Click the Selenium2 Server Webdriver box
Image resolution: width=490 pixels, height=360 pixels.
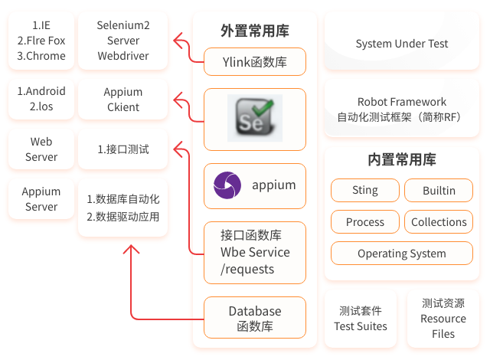pyautogui.click(x=123, y=41)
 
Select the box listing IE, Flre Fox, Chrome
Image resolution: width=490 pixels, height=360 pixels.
pyautogui.click(x=41, y=41)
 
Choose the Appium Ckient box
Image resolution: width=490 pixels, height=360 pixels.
pyautogui.click(x=123, y=99)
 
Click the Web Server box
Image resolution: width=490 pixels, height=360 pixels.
pyautogui.click(x=41, y=149)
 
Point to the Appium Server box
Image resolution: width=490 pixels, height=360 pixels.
pyautogui.click(x=41, y=199)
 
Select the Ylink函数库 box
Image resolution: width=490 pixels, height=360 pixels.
pyautogui.click(x=254, y=62)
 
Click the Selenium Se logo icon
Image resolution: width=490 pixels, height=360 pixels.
pyautogui.click(x=255, y=118)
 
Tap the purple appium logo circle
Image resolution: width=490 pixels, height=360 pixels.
pyautogui.click(x=227, y=185)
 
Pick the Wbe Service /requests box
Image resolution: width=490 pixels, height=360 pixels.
pyautogui.click(x=254, y=252)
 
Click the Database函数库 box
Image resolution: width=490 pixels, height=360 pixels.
pyautogui.click(x=254, y=319)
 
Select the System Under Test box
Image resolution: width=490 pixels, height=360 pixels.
pyautogui.click(x=402, y=44)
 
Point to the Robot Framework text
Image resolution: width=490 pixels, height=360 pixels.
pyautogui.click(x=402, y=101)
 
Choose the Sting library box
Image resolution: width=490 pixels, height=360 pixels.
pyautogui.click(x=365, y=190)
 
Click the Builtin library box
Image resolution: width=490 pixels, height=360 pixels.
pyautogui.click(x=439, y=190)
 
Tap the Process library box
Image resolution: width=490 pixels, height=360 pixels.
pyautogui.click(x=365, y=222)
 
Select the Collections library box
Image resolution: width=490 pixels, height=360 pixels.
pyautogui.click(x=439, y=222)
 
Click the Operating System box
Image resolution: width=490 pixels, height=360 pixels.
pyautogui.click(x=402, y=254)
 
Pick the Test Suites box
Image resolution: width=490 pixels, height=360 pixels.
pyautogui.click(x=361, y=319)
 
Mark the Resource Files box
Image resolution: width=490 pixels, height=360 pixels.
pyautogui.click(x=443, y=319)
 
